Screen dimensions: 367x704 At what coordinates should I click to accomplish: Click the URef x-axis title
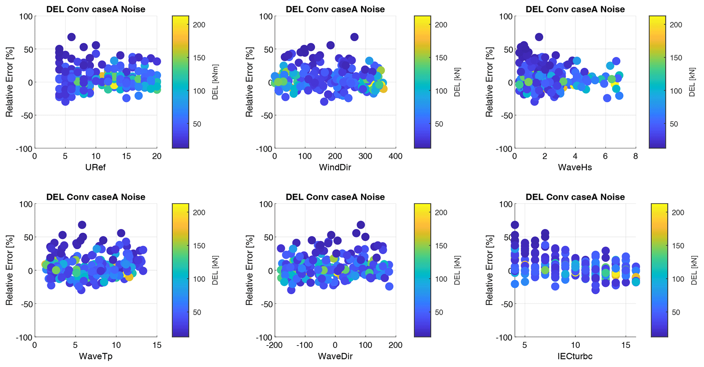point(95,167)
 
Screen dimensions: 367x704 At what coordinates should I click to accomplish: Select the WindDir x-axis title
point(335,167)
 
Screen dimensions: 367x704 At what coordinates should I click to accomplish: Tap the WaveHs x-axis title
point(575,167)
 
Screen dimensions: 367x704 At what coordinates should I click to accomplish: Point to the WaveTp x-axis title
point(95,356)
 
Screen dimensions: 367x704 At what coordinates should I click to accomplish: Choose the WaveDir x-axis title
point(335,356)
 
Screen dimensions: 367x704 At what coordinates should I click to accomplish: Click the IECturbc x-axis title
point(575,356)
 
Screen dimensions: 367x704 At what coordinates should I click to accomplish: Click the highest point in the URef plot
point(71,37)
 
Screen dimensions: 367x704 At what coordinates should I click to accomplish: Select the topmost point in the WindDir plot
point(354,37)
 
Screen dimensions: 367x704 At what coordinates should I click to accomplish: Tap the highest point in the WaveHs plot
point(539,37)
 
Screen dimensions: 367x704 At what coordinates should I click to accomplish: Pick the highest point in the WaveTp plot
point(82,225)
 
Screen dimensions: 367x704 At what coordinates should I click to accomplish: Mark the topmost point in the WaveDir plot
point(361,225)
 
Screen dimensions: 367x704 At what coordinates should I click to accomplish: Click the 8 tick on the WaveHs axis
point(636,156)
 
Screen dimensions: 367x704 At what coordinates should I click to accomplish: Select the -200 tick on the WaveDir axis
point(275,345)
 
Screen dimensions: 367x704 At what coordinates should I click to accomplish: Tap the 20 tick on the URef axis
point(157,156)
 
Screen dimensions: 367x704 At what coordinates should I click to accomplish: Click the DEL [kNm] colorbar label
point(215,82)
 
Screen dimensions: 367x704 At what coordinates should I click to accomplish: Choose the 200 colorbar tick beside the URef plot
point(199,25)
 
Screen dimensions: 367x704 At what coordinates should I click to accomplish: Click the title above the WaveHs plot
point(575,9)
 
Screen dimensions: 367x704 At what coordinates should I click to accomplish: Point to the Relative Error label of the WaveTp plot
point(9,270)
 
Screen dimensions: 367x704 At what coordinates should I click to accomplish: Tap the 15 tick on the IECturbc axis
point(626,345)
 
